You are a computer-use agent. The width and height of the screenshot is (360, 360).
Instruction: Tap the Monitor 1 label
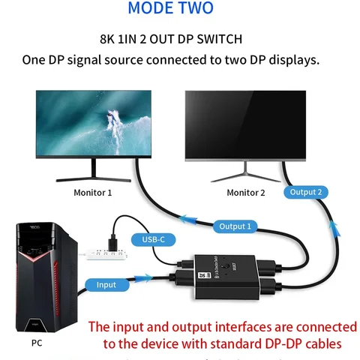point(93,193)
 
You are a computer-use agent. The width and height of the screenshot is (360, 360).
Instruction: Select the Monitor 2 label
point(246,193)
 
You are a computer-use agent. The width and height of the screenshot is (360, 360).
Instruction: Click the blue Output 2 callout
point(306,192)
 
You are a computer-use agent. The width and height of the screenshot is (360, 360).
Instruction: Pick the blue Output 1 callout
point(235,226)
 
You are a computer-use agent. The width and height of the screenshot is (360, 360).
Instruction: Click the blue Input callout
point(106,285)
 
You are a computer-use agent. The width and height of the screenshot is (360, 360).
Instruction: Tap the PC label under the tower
point(37,343)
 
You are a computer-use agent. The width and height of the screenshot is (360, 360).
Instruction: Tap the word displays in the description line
point(292,59)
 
